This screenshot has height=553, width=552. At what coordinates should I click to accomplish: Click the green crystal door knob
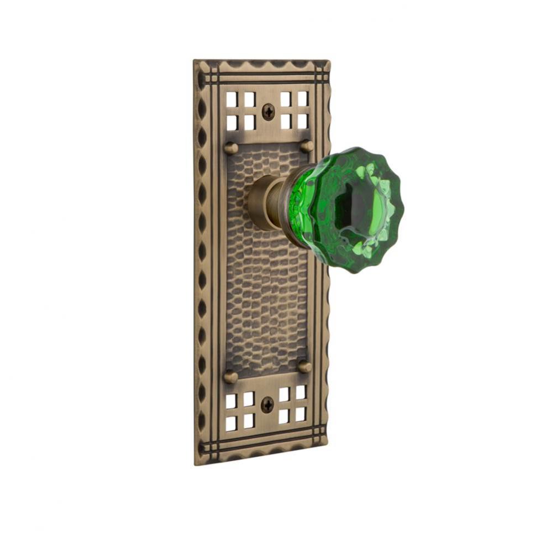point(348,210)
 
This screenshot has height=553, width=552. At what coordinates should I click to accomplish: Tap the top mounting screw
point(268,112)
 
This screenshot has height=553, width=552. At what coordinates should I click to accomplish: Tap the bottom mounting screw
point(266,405)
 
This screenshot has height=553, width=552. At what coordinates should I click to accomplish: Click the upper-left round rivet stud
point(231,148)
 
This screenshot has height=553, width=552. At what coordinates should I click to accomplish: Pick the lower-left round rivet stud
point(230,377)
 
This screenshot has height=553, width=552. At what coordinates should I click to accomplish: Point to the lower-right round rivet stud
point(304,366)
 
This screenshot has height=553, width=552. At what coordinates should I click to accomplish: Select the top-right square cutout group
point(294,109)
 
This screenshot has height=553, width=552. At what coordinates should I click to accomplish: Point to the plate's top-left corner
point(194,61)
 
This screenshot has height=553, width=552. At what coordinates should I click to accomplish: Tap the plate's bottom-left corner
point(195,464)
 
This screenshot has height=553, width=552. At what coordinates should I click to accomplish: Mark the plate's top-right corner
point(330,61)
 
